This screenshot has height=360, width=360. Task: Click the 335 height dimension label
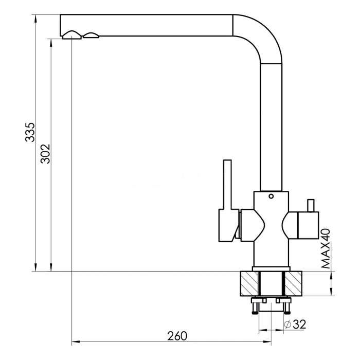[x=30, y=132]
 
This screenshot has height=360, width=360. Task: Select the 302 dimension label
[x=45, y=154]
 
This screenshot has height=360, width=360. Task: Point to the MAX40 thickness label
[x=326, y=248]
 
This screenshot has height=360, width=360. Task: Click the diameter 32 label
[x=295, y=325]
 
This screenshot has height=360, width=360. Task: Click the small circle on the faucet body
[x=271, y=196]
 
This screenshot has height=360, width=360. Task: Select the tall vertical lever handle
[x=227, y=184]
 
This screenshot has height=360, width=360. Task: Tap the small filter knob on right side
[x=311, y=206]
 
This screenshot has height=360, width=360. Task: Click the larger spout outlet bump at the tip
[x=71, y=35]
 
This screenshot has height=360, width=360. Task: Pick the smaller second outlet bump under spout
[x=91, y=35]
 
